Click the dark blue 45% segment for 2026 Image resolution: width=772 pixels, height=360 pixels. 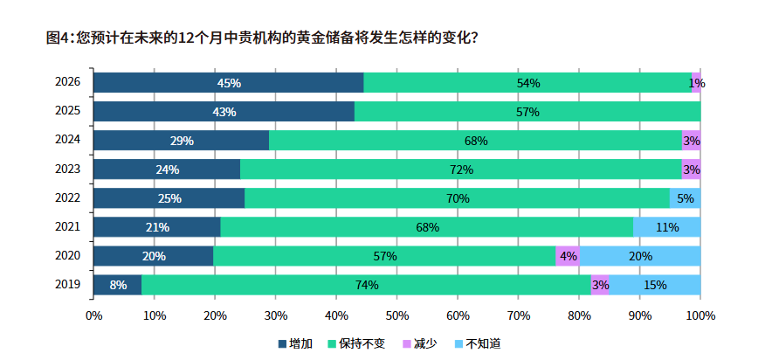pyautogui.click(x=229, y=83)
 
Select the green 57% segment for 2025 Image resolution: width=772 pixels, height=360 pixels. pyautogui.click(x=527, y=112)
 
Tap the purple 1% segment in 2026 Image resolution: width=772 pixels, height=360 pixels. pyautogui.click(x=696, y=83)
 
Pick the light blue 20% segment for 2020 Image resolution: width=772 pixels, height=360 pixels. pyautogui.click(x=640, y=256)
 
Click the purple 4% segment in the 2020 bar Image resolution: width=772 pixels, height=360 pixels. pyautogui.click(x=568, y=256)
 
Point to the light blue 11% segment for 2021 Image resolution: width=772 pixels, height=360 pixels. pyautogui.click(x=667, y=227)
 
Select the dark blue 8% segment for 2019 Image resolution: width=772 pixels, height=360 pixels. pyautogui.click(x=118, y=285)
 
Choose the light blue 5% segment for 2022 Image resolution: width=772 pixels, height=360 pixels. pyautogui.click(x=686, y=198)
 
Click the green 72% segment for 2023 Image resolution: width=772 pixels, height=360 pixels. pyautogui.click(x=461, y=170)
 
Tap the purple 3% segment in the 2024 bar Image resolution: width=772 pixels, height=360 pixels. pyautogui.click(x=692, y=141)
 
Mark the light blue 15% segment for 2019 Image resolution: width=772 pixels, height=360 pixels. pyautogui.click(x=655, y=285)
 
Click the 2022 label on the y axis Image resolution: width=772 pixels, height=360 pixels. pyautogui.click(x=67, y=198)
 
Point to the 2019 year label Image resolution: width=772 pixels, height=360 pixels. pyautogui.click(x=67, y=285)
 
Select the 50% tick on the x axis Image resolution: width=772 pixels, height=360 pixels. pyautogui.click(x=396, y=315)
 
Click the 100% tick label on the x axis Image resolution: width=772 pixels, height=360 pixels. pyautogui.click(x=700, y=315)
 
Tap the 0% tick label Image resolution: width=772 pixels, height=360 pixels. pyautogui.click(x=93, y=315)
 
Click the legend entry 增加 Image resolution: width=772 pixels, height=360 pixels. pyautogui.click(x=295, y=343)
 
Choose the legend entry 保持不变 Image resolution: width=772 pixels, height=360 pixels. pyautogui.click(x=356, y=343)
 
